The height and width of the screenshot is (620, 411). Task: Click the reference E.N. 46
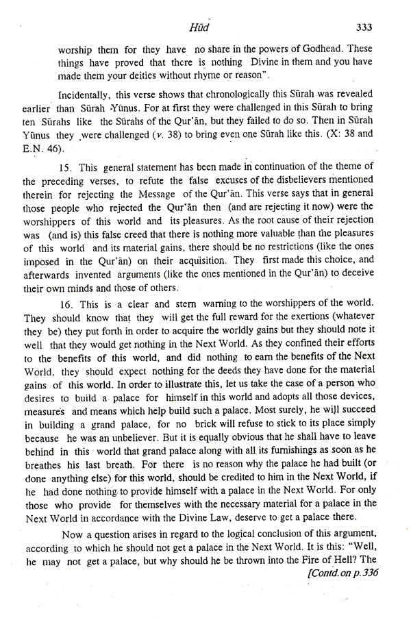[x=62, y=146]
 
